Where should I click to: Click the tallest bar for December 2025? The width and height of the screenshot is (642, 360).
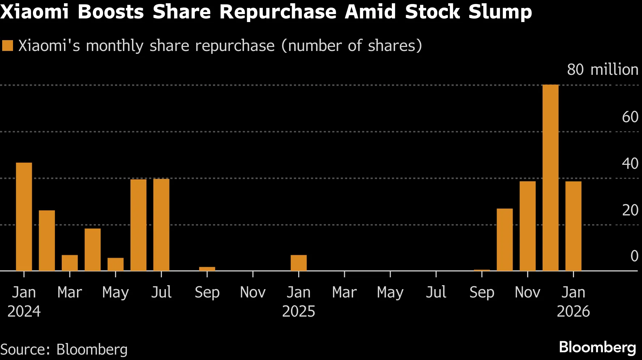pos(550,178)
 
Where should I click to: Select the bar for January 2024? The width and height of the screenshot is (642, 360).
pos(24,217)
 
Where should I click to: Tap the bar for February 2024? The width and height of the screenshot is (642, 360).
pos(47,240)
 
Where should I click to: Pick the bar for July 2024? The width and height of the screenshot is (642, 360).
pos(161,225)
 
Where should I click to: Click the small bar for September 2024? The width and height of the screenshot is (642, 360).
pos(207,269)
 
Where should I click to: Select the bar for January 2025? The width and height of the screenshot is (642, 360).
pos(299,263)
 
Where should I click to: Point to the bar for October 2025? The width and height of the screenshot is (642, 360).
pos(505,240)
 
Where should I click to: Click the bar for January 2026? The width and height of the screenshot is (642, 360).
pos(573,226)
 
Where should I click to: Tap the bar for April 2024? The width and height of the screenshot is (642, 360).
pos(93,249)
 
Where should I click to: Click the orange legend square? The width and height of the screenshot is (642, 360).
pos(7,46)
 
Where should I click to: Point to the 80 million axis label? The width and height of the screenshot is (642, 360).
pos(602,69)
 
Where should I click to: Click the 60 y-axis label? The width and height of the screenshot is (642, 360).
pos(630,117)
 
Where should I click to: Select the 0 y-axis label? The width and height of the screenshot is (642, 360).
pos(634,256)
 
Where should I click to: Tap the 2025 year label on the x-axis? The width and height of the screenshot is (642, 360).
pos(299,312)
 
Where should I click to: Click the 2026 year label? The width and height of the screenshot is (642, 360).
pos(573,312)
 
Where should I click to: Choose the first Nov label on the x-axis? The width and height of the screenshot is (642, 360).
pos(253,292)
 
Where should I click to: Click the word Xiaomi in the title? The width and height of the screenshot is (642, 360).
pos(34,12)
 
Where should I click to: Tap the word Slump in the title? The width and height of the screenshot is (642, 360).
pos(500,12)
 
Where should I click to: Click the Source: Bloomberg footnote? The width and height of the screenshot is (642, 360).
pos(64,350)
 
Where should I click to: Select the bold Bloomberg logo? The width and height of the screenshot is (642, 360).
pos(597,347)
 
